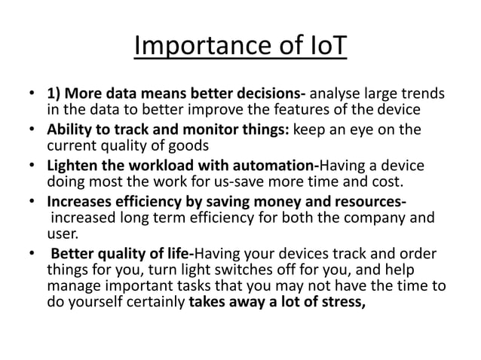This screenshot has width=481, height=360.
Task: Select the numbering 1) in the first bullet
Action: coord(55,95)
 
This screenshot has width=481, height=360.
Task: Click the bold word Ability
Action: coord(72,130)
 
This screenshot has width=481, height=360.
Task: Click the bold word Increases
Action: coord(82,202)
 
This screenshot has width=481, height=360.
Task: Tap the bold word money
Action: coord(274,202)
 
